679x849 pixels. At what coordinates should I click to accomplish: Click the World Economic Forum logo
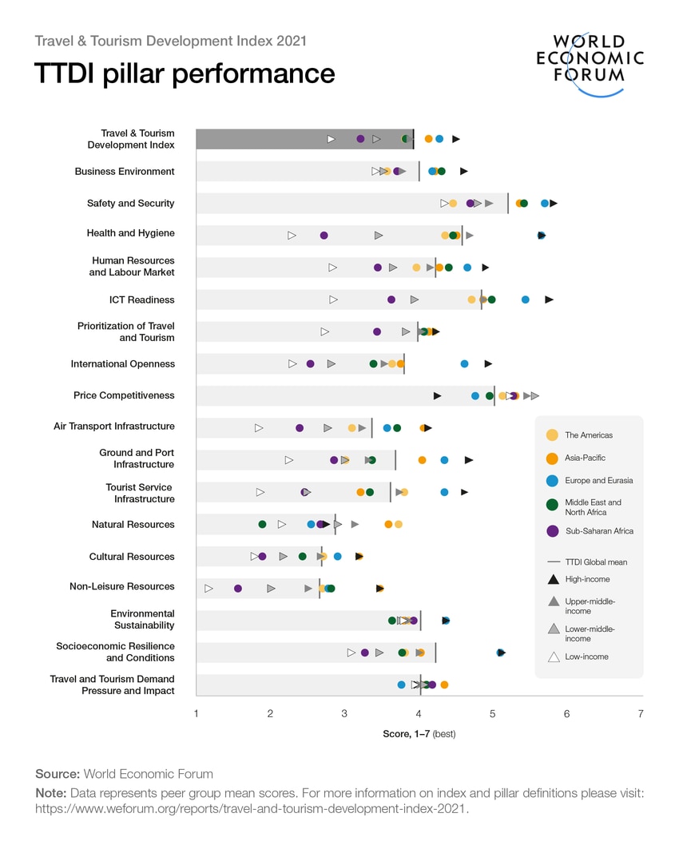[x=590, y=62]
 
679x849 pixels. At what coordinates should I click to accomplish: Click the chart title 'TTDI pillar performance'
[x=185, y=73]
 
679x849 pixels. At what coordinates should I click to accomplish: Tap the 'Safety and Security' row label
[x=130, y=204]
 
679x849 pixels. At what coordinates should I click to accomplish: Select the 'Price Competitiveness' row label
[x=124, y=395]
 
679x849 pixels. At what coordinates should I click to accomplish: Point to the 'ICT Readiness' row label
[x=141, y=300]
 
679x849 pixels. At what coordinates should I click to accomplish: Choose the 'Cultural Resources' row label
[x=131, y=557]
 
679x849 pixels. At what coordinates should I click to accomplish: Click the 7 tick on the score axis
[x=641, y=713]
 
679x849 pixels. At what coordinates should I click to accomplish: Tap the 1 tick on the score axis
[x=197, y=713]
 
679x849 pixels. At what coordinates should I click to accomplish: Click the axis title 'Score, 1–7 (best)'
[x=419, y=733]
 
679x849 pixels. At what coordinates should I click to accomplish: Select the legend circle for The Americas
[x=552, y=435]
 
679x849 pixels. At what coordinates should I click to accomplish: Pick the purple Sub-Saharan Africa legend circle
[x=552, y=531]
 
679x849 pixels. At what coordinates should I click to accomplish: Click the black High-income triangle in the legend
[x=553, y=578]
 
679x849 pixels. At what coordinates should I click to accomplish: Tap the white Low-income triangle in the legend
[x=553, y=657]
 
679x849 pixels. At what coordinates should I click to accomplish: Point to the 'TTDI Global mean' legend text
[x=596, y=562]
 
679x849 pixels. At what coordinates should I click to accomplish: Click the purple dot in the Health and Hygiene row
[x=324, y=236]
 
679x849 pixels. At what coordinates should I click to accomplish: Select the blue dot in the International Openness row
[x=464, y=364]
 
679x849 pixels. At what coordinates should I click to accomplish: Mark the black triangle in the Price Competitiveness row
[x=437, y=396]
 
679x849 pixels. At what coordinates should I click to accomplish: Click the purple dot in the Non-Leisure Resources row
[x=237, y=589]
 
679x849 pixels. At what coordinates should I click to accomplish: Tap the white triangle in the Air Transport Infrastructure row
[x=259, y=428]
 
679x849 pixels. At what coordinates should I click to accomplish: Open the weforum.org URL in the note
[x=252, y=808]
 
